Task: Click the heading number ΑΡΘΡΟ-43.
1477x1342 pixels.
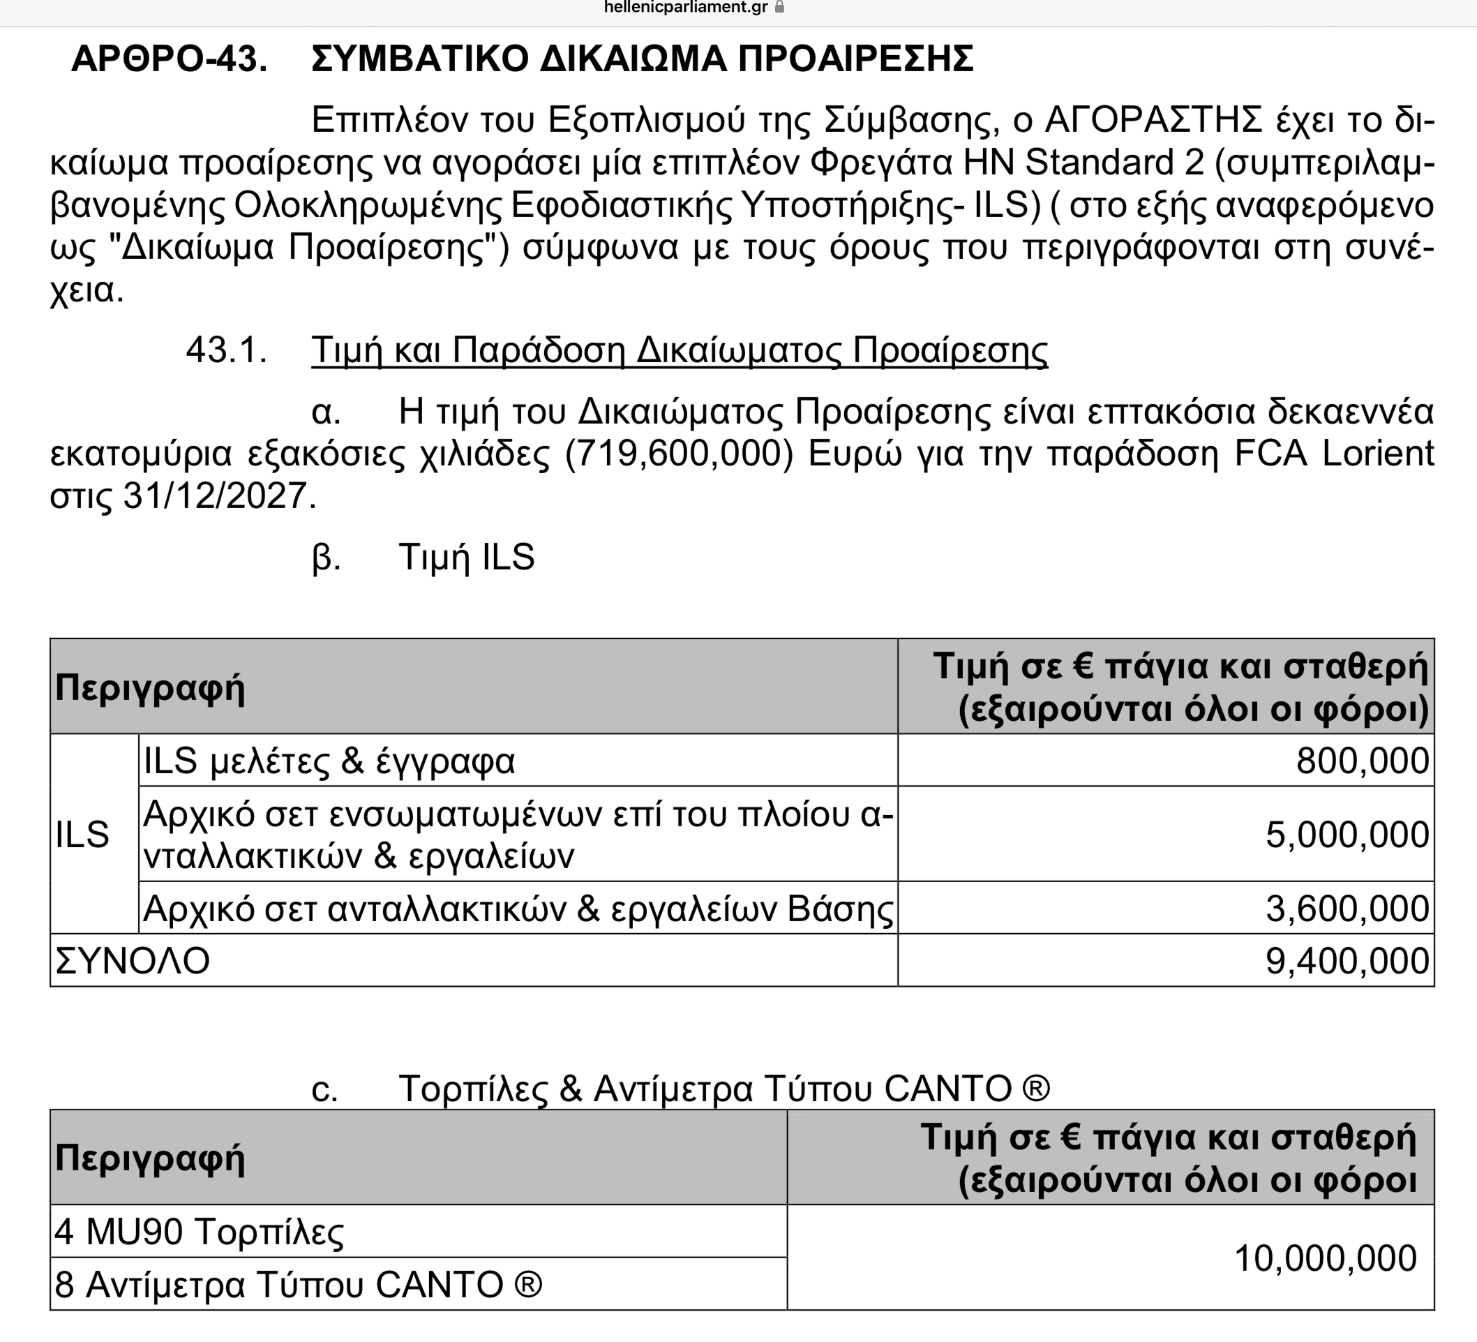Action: (170, 59)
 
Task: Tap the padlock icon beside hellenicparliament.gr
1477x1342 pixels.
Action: (779, 8)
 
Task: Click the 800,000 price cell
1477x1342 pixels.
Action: (1362, 761)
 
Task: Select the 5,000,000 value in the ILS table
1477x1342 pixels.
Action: (1347, 834)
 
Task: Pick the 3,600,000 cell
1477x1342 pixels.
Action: (1347, 909)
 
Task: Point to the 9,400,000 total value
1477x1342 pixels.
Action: (1347, 961)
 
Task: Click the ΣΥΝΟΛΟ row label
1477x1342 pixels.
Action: (133, 961)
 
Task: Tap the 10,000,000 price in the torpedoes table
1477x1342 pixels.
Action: (1325, 1258)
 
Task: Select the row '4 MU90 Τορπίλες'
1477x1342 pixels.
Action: (200, 1231)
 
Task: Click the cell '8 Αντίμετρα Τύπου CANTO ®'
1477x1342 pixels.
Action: (298, 1285)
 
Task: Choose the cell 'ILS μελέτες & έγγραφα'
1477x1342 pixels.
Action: (329, 761)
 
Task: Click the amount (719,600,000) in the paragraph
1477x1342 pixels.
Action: (679, 454)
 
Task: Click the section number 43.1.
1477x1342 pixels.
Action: (226, 350)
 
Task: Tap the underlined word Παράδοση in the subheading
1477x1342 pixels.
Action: (538, 350)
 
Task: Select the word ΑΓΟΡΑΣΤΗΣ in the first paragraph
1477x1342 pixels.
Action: (1153, 119)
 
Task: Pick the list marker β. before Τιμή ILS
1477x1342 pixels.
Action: (326, 558)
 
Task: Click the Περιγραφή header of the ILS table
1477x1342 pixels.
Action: (150, 687)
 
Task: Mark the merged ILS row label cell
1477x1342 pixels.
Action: (83, 834)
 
